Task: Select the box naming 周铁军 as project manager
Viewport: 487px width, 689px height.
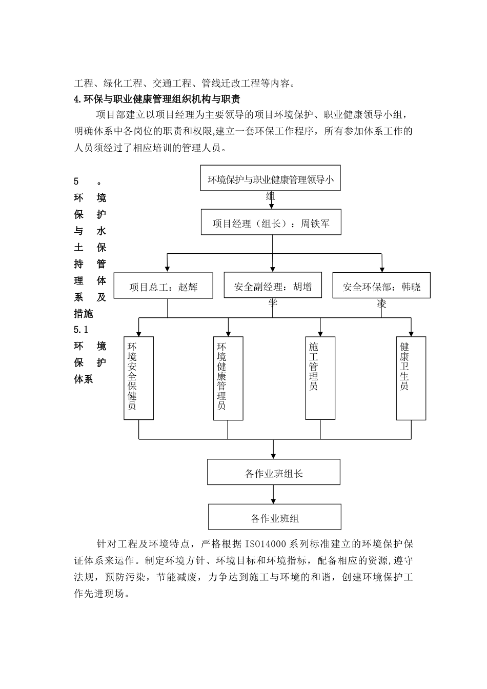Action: (271, 223)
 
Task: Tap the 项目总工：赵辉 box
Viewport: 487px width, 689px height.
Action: (163, 287)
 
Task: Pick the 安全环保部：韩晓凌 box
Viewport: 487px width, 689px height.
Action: (381, 286)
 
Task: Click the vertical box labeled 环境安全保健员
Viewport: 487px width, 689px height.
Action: (138, 378)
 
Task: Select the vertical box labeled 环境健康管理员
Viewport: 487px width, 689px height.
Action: (228, 378)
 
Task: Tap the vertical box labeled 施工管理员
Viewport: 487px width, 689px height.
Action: (320, 378)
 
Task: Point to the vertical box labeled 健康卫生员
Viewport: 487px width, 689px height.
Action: (411, 378)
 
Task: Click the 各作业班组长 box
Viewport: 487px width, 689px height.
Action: (273, 472)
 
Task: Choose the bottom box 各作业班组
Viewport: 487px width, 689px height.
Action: (274, 517)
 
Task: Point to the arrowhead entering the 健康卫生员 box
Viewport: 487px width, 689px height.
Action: (411, 332)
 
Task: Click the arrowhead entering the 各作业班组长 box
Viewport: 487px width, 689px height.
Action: (273, 455)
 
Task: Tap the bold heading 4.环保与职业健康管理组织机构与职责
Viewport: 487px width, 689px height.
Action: (157, 98)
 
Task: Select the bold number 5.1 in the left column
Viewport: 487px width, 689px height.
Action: (81, 330)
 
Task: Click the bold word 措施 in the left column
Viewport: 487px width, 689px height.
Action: (84, 313)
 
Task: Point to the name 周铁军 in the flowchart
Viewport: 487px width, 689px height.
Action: (315, 224)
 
